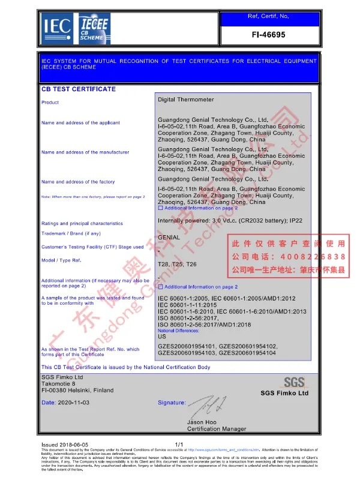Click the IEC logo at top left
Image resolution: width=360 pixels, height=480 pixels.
coord(57,25)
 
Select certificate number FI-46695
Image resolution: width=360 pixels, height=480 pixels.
coord(268,35)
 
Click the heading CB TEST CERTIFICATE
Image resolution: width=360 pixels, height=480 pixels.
coord(78,89)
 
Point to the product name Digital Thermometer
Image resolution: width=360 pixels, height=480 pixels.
coord(185,100)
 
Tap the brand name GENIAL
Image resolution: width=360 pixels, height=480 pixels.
coord(168,238)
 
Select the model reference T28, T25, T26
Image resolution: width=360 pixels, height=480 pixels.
coord(177,264)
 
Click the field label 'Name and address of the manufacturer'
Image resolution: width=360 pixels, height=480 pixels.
coord(85,152)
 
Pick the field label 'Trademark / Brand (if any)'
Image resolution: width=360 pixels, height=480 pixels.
coord(71,233)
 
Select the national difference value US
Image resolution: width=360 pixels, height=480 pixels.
coord(161,337)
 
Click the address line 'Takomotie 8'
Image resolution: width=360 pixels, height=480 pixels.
coord(59,383)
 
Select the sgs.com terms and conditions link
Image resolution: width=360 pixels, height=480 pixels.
coord(224,449)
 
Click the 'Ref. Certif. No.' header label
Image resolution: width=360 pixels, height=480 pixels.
coord(268,16)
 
